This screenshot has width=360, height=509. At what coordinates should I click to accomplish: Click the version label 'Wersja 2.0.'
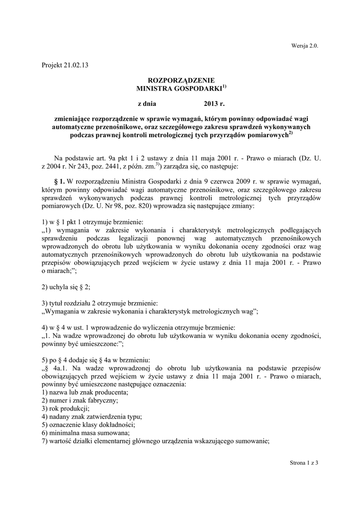[303, 46]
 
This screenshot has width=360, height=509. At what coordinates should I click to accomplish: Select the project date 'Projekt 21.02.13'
[65, 66]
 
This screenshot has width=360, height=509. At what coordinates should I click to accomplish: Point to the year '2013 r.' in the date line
[214, 104]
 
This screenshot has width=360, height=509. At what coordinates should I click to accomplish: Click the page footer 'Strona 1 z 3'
[303, 463]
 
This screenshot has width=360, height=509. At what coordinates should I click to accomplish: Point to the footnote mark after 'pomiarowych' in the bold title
[291, 132]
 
